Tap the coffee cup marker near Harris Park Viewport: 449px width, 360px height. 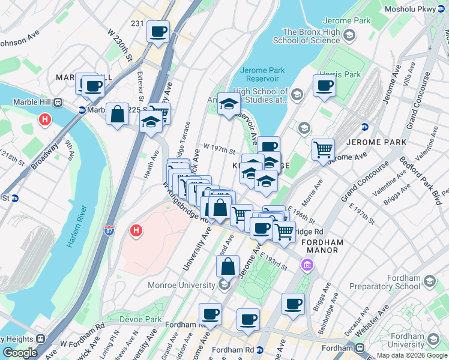(324, 86)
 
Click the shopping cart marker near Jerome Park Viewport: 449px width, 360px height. (323, 149)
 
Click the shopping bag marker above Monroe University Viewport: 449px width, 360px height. (228, 266)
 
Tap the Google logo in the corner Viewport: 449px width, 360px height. (20, 353)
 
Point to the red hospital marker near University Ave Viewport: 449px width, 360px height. (136, 230)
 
